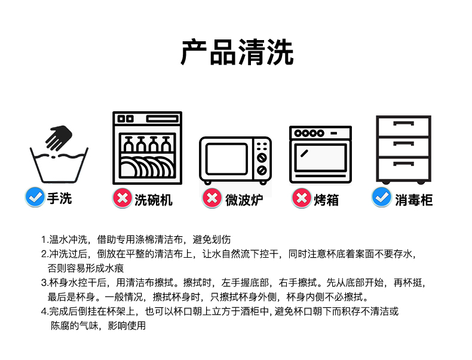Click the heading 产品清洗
click(237, 52)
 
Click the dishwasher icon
click(147, 148)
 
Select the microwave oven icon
click(235, 160)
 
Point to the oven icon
click(320, 154)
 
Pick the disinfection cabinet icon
click(403, 149)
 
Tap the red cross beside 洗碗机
click(122, 198)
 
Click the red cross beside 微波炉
click(212, 198)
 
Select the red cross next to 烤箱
click(301, 198)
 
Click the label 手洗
click(60, 199)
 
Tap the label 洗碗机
click(153, 199)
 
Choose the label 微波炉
click(241, 199)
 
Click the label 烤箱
click(326, 199)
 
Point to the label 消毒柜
click(413, 199)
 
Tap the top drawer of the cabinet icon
click(403, 126)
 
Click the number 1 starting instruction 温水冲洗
click(44, 240)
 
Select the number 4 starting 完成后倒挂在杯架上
click(44, 312)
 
